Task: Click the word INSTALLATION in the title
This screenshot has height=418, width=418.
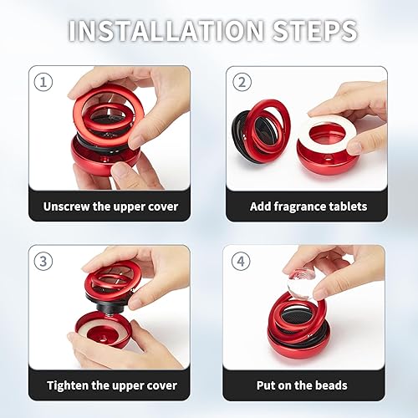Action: pyautogui.click(x=169, y=30)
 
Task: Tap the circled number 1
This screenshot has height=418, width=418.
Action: pyautogui.click(x=44, y=82)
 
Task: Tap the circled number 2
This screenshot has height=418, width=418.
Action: pyautogui.click(x=240, y=82)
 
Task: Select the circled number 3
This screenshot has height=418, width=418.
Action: pyautogui.click(x=44, y=260)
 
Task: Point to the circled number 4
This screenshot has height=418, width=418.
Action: pyautogui.click(x=240, y=260)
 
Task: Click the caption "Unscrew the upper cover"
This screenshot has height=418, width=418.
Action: pyautogui.click(x=112, y=206)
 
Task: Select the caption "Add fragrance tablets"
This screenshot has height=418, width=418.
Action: pyautogui.click(x=308, y=206)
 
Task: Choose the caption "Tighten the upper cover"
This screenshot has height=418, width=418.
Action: pyautogui.click(x=112, y=385)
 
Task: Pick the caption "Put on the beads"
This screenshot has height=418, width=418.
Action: pyautogui.click(x=308, y=385)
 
